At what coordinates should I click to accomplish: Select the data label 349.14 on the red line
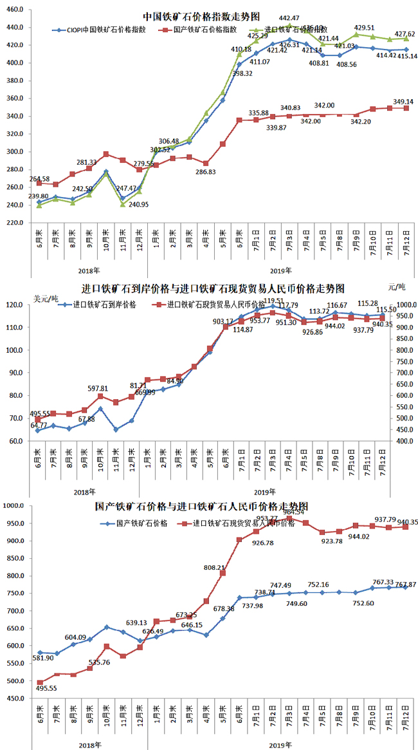pos(392,102)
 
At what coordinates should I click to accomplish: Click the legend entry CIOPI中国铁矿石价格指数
pos(102,30)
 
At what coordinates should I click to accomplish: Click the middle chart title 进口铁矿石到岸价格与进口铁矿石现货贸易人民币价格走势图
pos(213,288)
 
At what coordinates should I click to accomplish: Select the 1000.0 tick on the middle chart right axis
pos(403,305)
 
